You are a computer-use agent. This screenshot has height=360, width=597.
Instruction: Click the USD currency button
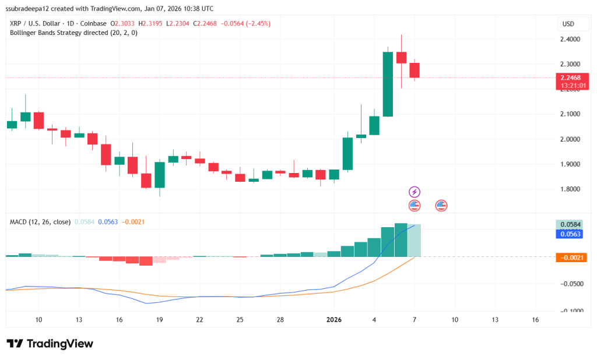(568, 24)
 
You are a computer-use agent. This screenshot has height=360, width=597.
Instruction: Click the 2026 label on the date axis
(333, 320)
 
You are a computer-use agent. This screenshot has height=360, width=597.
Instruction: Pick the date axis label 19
(159, 320)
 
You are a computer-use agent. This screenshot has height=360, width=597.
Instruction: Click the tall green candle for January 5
(388, 84)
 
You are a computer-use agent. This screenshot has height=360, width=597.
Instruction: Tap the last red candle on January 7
(415, 70)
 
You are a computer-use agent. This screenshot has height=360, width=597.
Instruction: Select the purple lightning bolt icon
(414, 192)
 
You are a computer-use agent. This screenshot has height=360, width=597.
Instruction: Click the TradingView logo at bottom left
(50, 344)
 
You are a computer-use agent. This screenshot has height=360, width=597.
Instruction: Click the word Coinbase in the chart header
(93, 23)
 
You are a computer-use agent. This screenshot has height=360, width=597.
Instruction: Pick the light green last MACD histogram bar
(415, 240)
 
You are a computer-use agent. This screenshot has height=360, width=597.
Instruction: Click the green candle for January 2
(347, 153)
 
